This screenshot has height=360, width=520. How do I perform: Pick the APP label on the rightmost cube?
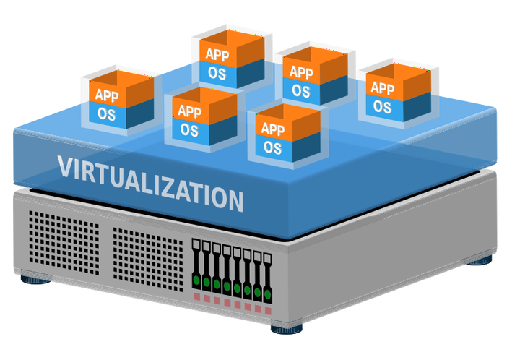382,88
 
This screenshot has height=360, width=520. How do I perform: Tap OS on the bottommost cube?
272,147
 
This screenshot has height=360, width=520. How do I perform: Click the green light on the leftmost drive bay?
196,278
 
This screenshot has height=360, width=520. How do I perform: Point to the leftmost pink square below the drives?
196,295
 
